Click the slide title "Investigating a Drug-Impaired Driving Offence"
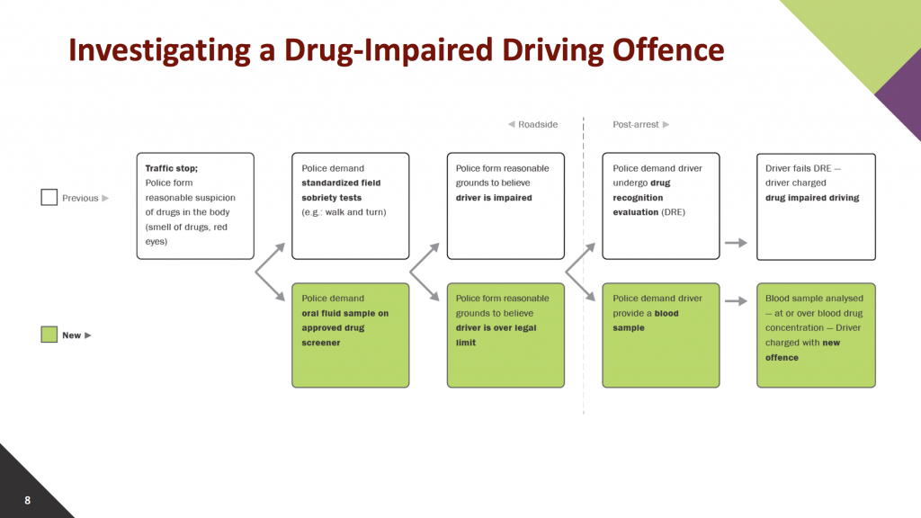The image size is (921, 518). [396, 50]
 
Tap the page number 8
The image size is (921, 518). [28, 500]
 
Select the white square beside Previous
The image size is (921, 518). [49, 197]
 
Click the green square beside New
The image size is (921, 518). [49, 335]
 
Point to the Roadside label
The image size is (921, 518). [532, 124]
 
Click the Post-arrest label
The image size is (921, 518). [640, 124]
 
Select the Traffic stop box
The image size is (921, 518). [195, 206]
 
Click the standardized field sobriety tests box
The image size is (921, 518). [351, 206]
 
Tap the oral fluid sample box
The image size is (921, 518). [351, 335]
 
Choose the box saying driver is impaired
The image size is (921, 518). [505, 206]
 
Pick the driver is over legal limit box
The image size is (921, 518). [505, 335]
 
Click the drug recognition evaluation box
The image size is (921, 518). [661, 206]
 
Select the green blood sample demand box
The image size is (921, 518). [661, 335]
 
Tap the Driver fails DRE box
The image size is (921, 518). [816, 207]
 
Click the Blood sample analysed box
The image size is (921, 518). [816, 335]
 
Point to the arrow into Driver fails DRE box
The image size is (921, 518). [736, 243]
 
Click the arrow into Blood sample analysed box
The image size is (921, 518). [736, 300]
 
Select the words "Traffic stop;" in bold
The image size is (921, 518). [172, 168]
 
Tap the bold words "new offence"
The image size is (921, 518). [803, 350]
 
